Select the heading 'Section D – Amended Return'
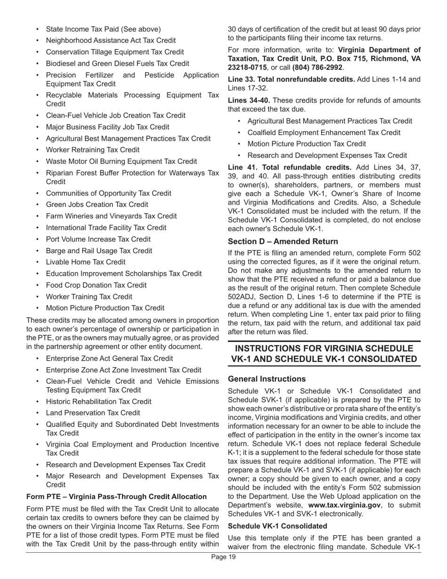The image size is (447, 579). [x=282, y=241]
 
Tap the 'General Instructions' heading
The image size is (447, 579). [x=266, y=379]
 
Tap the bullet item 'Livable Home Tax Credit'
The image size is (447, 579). [x=86, y=262]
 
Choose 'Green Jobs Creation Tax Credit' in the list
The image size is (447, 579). [x=97, y=205]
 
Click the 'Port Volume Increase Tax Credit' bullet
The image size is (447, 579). [x=98, y=239]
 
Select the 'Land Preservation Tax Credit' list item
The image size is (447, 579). [x=93, y=413]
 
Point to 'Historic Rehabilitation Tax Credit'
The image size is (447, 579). [x=99, y=402]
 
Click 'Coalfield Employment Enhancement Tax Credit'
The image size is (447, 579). [x=324, y=133]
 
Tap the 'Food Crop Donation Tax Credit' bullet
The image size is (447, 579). [x=96, y=285]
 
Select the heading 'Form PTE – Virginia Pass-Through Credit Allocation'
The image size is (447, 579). [x=116, y=497]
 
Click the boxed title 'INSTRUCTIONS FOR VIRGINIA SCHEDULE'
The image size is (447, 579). [x=324, y=348]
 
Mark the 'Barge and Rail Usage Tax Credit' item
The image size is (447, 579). [x=99, y=251]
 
